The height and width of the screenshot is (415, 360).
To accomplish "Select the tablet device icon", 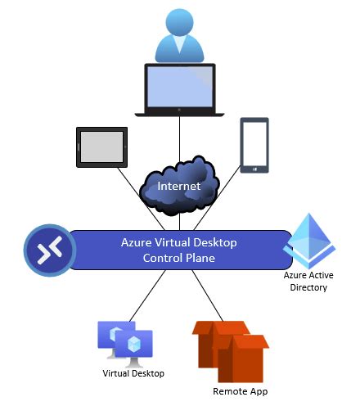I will (101, 147).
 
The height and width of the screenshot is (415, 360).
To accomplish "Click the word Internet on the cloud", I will (178, 187).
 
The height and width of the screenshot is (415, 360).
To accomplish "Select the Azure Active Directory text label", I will (308, 282).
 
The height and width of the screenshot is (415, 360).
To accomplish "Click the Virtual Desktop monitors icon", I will (125, 342).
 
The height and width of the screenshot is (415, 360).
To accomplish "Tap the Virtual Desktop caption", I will (133, 373).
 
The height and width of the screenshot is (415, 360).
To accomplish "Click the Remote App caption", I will (240, 391).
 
